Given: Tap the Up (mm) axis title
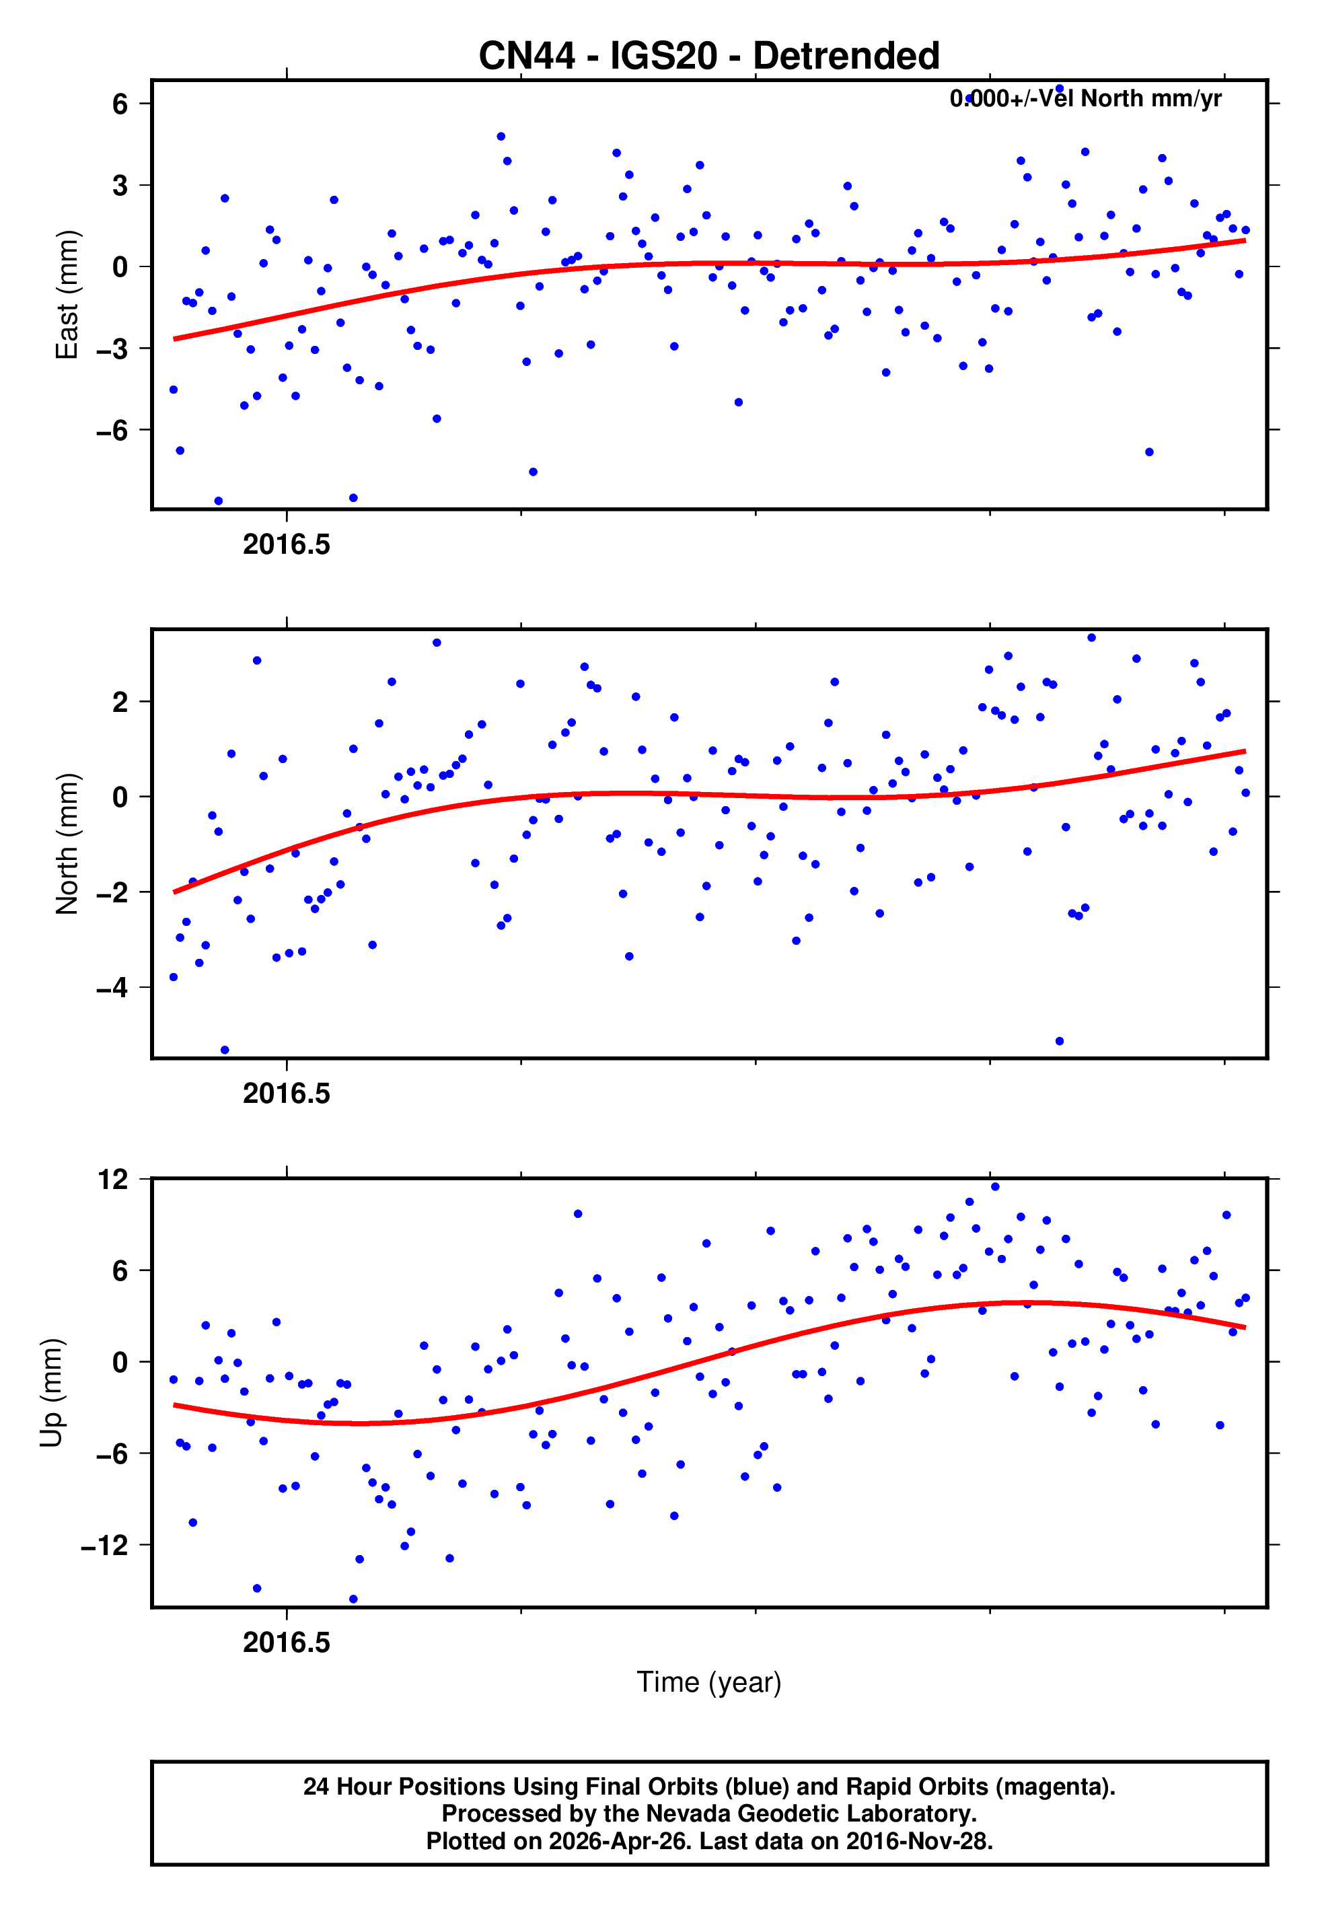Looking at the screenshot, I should coord(51,1393).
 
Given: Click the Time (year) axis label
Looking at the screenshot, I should coord(709,1682).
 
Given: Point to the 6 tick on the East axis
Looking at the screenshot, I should coord(120,104).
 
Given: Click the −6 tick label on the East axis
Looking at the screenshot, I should coord(112,430).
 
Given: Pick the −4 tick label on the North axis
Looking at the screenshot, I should coord(112,987).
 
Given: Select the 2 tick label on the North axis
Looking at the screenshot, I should coord(120,702).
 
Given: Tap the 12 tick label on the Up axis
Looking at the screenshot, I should coord(113,1180).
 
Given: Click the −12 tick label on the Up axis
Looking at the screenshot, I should coord(105,1545).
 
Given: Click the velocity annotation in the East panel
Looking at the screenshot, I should coord(1085,99).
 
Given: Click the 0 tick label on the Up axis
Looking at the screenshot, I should coord(120,1362).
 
